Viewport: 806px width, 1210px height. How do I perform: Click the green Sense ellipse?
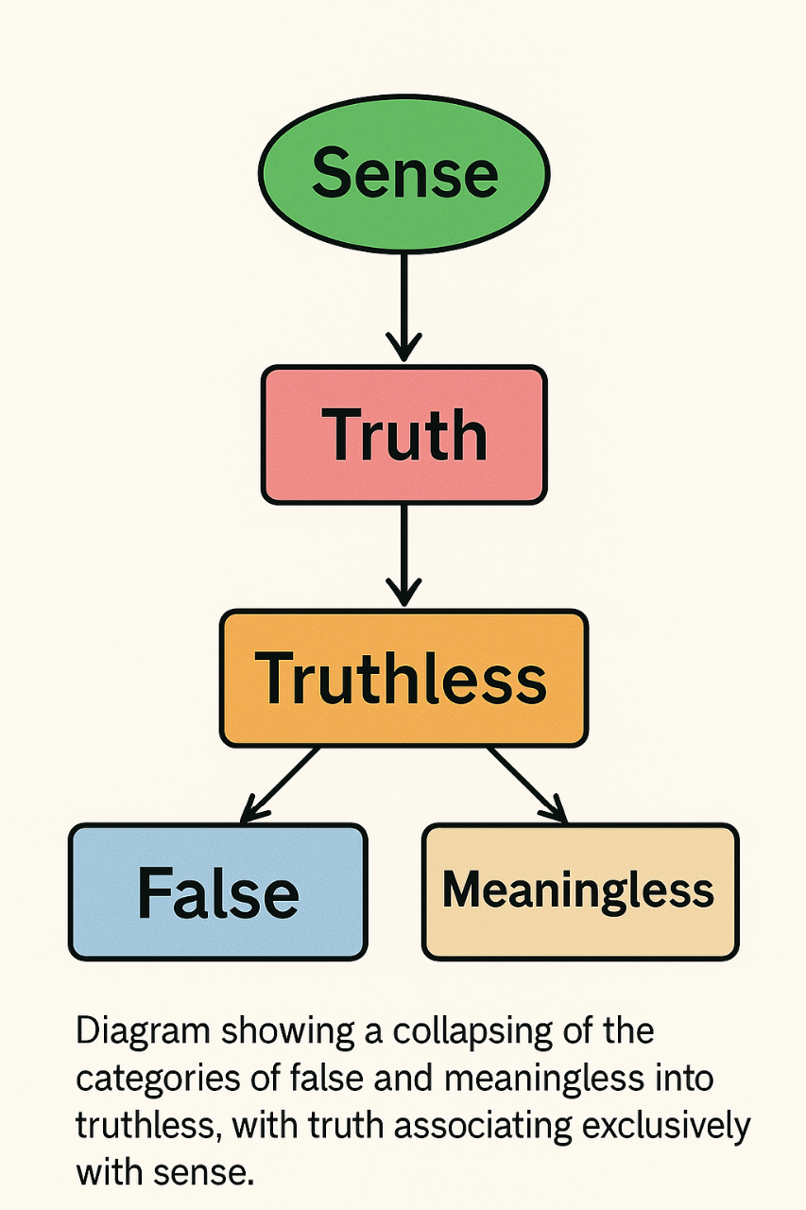coord(403,173)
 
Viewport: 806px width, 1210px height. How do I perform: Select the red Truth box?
coord(403,434)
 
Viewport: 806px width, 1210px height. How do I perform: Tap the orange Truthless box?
coord(403,677)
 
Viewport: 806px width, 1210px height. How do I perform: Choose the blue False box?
coord(217,891)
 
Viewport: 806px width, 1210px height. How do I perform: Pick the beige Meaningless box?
coord(579,891)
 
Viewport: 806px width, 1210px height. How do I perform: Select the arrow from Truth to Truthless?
coord(403,553)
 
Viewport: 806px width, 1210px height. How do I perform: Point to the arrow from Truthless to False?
coord(281,784)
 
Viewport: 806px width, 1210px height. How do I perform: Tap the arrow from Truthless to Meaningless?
coord(525,784)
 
